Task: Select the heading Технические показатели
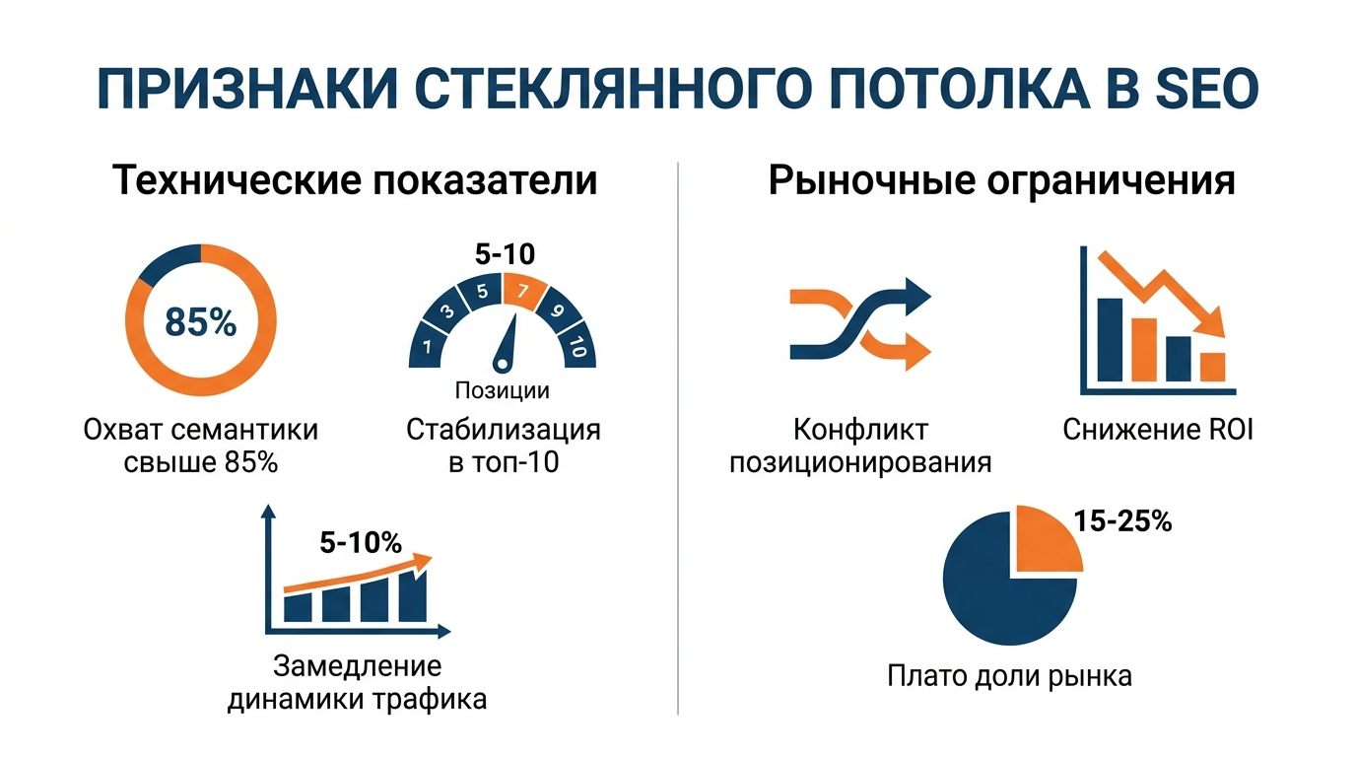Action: [355, 182]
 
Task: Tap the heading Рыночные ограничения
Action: [1002, 182]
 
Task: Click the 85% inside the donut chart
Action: [200, 322]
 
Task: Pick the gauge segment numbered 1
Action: [427, 346]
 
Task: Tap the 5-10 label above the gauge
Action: [504, 254]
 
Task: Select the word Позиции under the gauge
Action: [502, 390]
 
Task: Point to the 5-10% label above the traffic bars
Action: [361, 542]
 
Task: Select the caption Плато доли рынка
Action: [1009, 676]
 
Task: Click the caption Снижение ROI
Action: [1158, 431]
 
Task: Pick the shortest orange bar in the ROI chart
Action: [1211, 367]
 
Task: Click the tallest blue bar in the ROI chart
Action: [1111, 339]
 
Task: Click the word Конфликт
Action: [860, 431]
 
